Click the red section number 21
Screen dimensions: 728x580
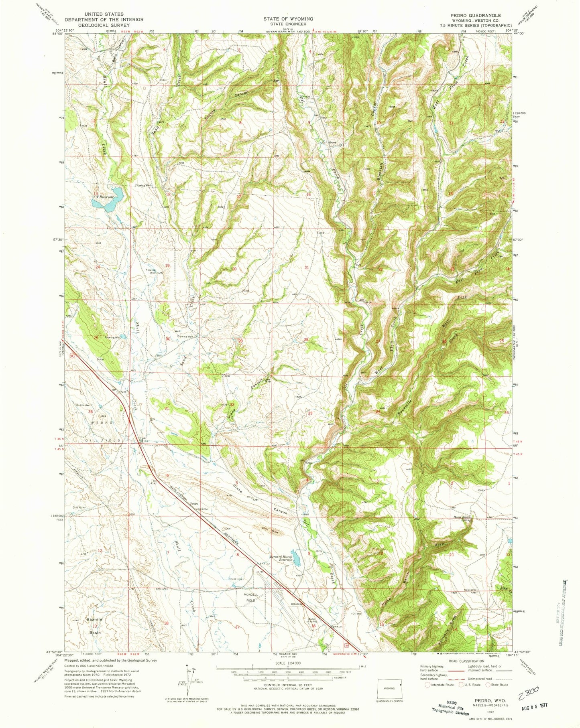307,268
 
